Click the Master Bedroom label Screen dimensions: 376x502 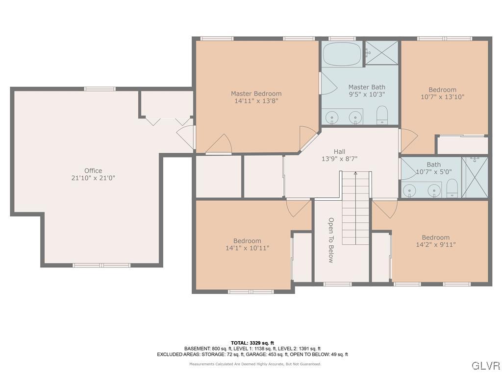click(256, 94)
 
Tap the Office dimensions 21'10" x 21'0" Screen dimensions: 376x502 click(93, 178)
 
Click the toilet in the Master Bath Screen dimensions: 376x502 click(382, 116)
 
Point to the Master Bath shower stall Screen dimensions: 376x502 click(382, 52)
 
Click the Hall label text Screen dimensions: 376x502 click(339, 152)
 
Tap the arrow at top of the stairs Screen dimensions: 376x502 click(355, 173)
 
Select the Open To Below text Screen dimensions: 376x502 click(331, 240)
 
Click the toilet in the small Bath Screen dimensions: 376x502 click(452, 188)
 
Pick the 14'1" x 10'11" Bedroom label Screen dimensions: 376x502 click(247, 241)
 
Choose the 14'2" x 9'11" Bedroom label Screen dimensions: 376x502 click(435, 237)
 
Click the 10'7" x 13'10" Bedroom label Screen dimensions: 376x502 click(442, 90)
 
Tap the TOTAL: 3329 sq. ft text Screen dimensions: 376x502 click(252, 343)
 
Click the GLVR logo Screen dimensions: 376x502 click(485, 366)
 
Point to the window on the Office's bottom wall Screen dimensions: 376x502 click(101, 265)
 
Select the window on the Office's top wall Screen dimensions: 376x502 click(100, 89)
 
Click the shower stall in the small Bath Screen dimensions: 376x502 click(475, 177)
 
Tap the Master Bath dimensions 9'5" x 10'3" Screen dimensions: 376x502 click(367, 94)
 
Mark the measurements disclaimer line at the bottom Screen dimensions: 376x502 click(255, 364)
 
